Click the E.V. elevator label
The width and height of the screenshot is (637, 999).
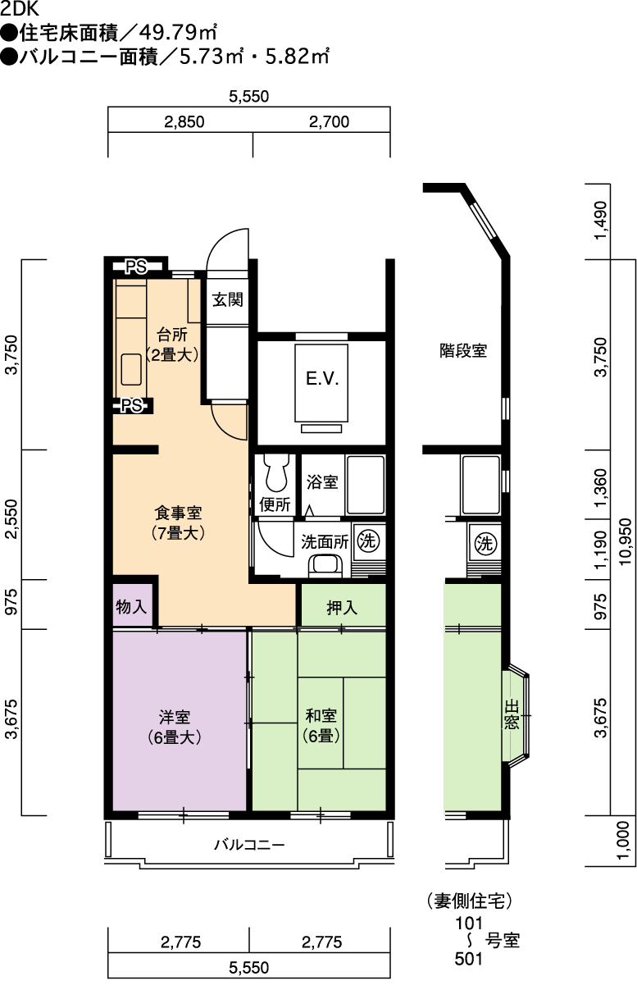pos(322,379)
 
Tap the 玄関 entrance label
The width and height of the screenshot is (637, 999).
pos(227,299)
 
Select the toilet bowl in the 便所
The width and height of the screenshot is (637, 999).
pos(276,472)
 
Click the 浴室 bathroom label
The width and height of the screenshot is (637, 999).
pos(322,482)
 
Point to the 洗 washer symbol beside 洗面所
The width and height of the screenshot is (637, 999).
pos(369,541)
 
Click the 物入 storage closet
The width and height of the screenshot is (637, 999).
pos(131,607)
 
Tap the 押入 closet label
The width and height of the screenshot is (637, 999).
pos(342,608)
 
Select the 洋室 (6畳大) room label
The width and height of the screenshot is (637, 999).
pos(175,728)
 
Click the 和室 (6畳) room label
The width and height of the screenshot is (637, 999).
pos(321,726)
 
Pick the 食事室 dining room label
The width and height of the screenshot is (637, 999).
pos(178,522)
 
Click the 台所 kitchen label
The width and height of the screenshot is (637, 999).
pos(171,344)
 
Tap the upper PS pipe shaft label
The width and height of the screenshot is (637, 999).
pos(136,267)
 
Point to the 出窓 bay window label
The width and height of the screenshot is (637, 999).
pos(512,715)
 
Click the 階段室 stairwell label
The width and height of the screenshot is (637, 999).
pos(462,350)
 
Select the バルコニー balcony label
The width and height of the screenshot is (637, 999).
pos(249,844)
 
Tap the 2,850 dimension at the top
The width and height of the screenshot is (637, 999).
pos(184,121)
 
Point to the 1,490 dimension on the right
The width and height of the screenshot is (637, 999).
pos(601,220)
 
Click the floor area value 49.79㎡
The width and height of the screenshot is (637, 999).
pos(178,33)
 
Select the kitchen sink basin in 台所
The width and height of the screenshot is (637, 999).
pos(131,369)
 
